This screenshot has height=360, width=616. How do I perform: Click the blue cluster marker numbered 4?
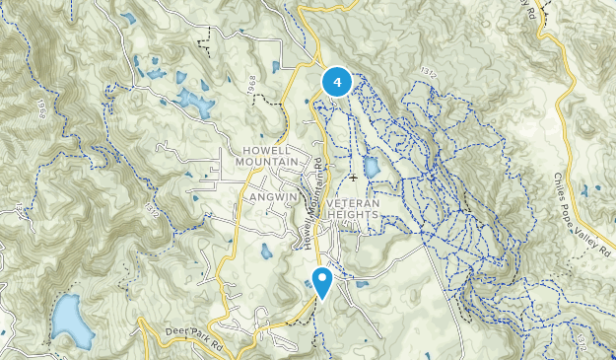pos(338,82)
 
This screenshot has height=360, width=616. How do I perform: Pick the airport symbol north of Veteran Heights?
pos(353,178)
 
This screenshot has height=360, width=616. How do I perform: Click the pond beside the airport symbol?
pos(372,167)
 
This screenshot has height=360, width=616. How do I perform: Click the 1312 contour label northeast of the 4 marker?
pos(427,72)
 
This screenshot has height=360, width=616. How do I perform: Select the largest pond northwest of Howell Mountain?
pos(196,104)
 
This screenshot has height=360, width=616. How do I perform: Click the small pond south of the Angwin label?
pos(266,252)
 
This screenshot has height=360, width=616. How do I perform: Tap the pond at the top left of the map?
pos(129,17)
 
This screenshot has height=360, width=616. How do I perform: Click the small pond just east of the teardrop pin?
pos(362,285)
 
